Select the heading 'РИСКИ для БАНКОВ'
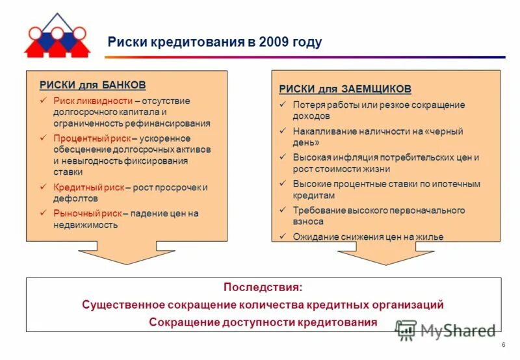click(x=92, y=85)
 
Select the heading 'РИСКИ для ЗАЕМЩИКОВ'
click(x=345, y=89)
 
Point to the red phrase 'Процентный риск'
click(x=92, y=138)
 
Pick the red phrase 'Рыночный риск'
click(x=87, y=213)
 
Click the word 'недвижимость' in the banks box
click(x=85, y=225)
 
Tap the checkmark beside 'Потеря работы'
click(x=283, y=105)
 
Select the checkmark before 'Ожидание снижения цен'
click(x=283, y=237)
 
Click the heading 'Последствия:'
click(x=263, y=287)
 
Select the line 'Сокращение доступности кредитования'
click(x=263, y=322)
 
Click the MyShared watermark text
click(x=458, y=330)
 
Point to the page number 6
click(x=503, y=344)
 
